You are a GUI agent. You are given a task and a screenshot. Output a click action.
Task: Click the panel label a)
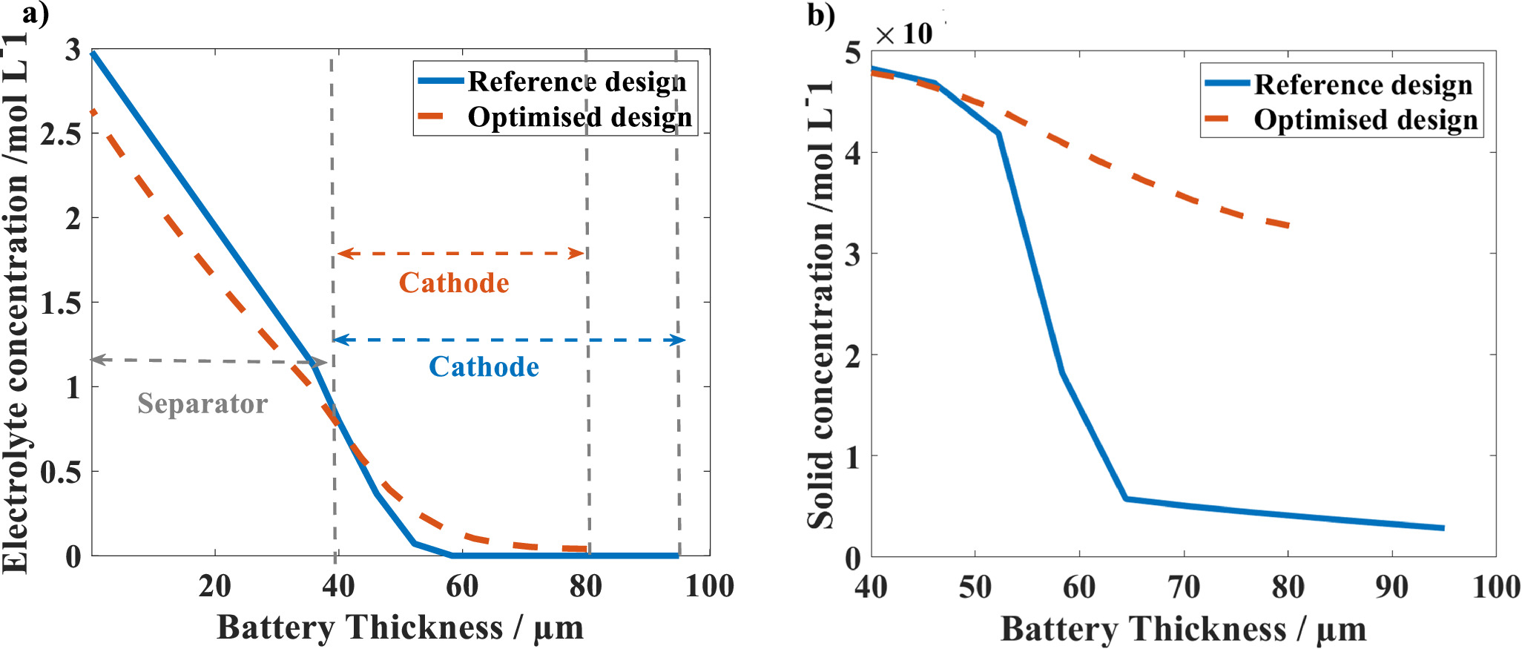(35, 14)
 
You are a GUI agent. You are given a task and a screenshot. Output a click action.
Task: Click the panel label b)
(821, 16)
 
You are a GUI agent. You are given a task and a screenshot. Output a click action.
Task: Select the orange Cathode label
(454, 283)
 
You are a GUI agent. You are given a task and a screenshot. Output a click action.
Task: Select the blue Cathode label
(484, 366)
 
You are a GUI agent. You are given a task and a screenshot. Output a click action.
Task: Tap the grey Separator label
(202, 403)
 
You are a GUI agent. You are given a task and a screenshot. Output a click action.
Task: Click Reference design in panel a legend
(576, 82)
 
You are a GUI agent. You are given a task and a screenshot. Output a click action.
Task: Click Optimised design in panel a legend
(579, 117)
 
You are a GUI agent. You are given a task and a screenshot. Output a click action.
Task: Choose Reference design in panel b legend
(1363, 85)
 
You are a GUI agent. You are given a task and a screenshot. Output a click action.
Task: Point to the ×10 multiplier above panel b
(903, 34)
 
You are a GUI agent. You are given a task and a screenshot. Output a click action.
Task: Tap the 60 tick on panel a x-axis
(462, 587)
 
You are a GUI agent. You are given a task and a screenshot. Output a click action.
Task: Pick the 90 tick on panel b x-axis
(1391, 587)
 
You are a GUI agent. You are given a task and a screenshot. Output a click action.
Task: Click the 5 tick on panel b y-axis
(853, 52)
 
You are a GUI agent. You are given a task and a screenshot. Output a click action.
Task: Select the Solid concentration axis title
(821, 304)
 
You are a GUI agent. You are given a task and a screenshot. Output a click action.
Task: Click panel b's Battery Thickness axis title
(1183, 630)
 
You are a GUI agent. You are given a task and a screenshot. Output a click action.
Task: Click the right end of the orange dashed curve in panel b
(1290, 225)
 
